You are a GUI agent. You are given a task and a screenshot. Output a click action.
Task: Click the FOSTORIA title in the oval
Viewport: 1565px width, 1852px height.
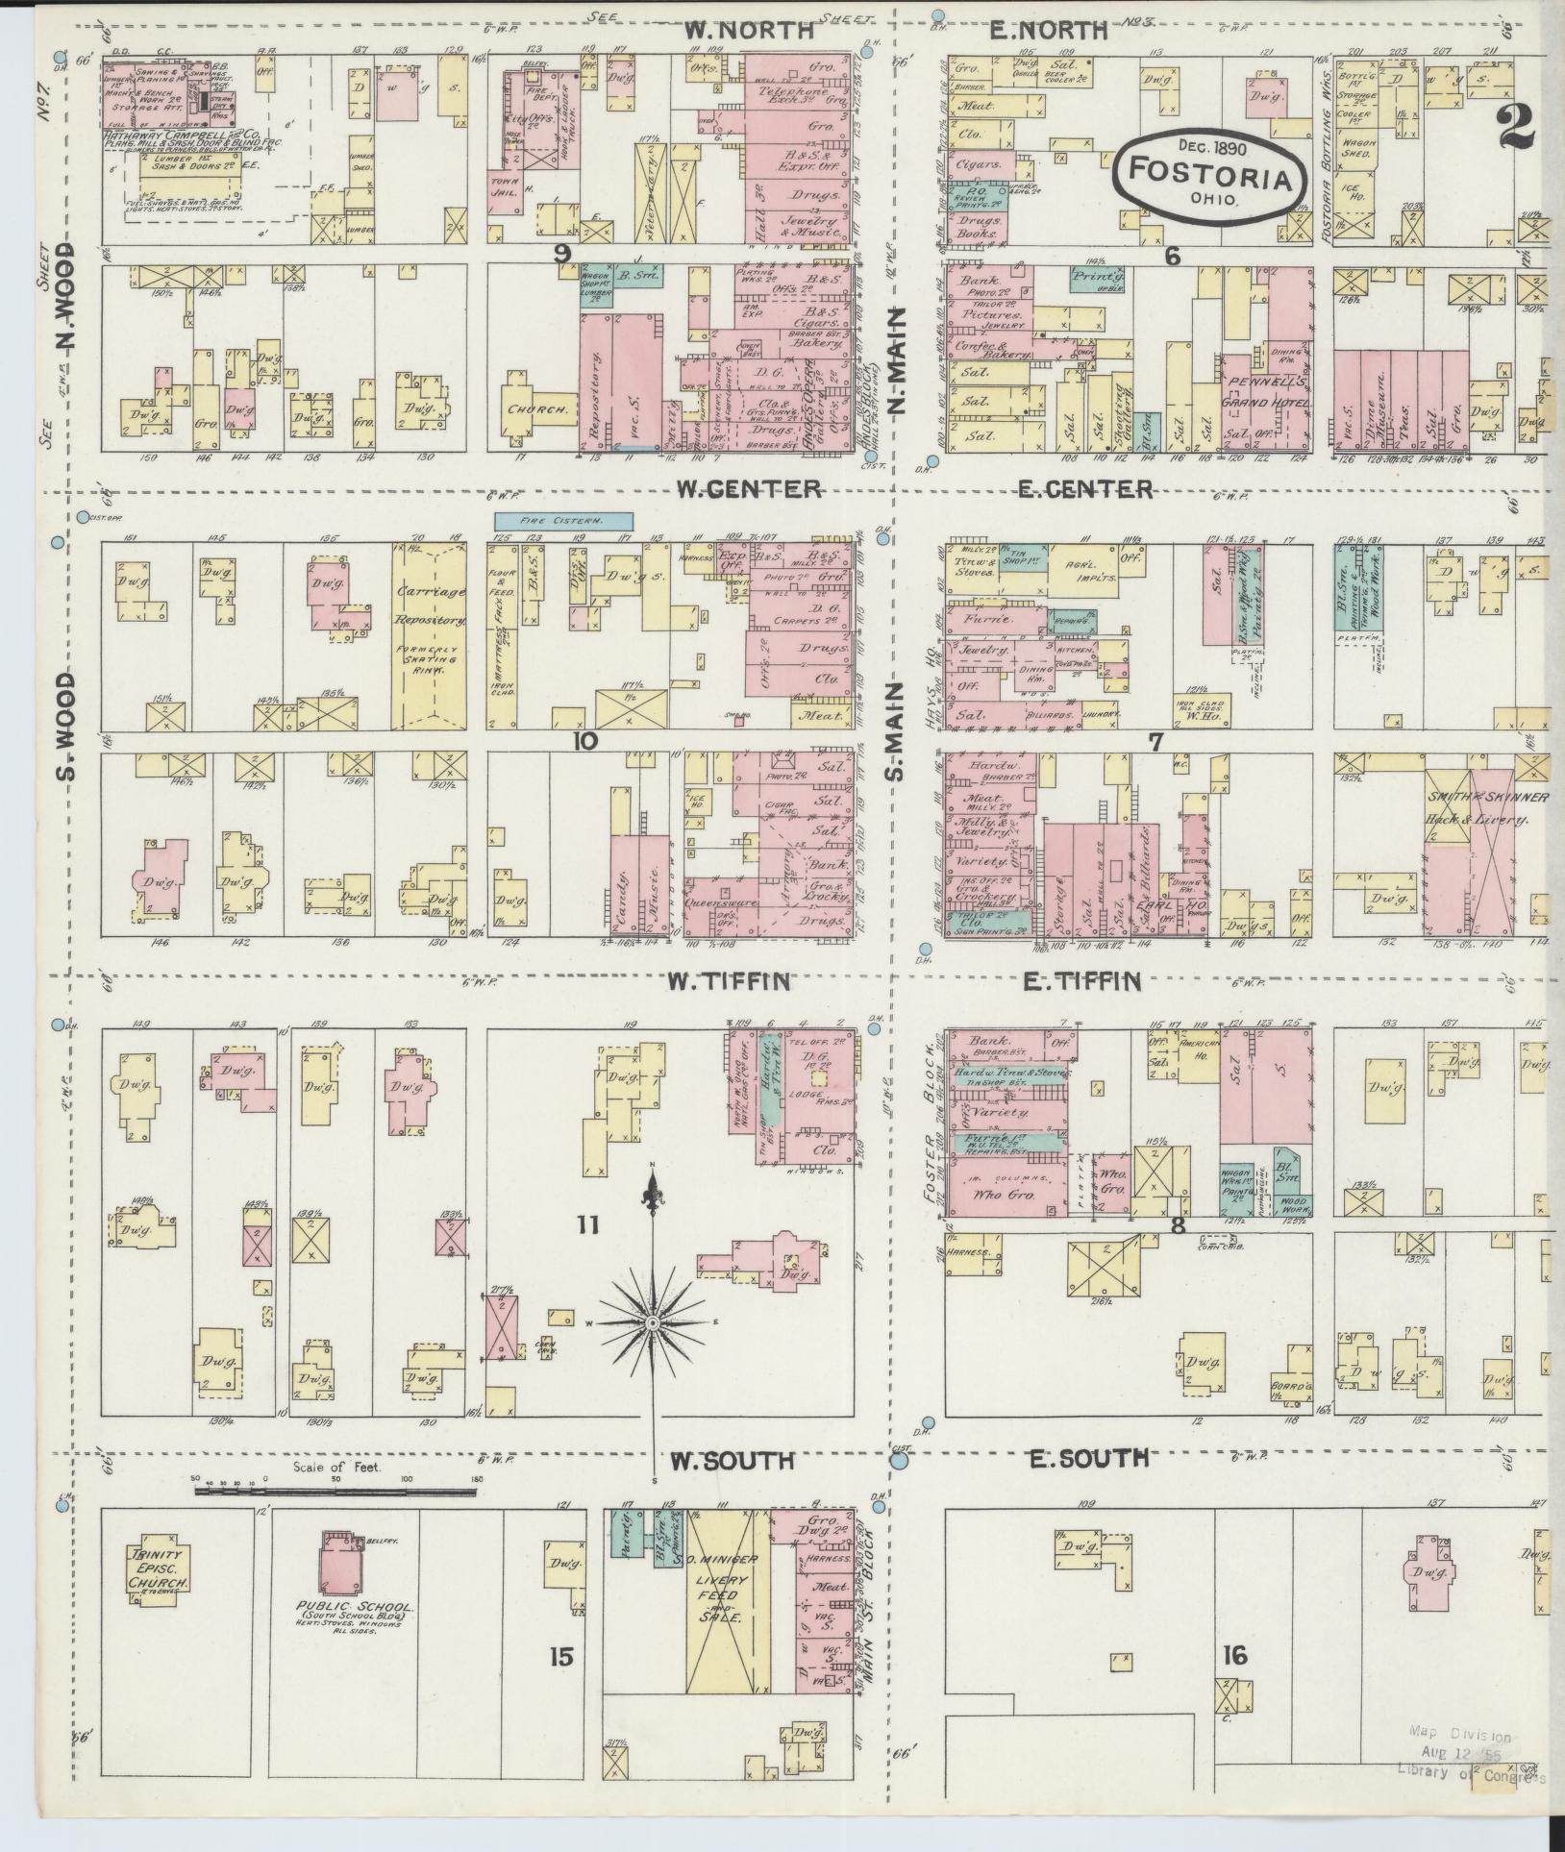[x=1210, y=170]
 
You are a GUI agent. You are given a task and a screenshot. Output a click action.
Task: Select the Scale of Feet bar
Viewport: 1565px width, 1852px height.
[x=336, y=1518]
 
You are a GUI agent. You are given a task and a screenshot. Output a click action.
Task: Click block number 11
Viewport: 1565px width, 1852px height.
[x=587, y=1224]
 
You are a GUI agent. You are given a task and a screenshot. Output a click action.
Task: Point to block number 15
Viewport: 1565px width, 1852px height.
[x=561, y=1656]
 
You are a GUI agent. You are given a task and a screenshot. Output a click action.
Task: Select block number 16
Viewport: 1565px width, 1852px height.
[x=1234, y=1655]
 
